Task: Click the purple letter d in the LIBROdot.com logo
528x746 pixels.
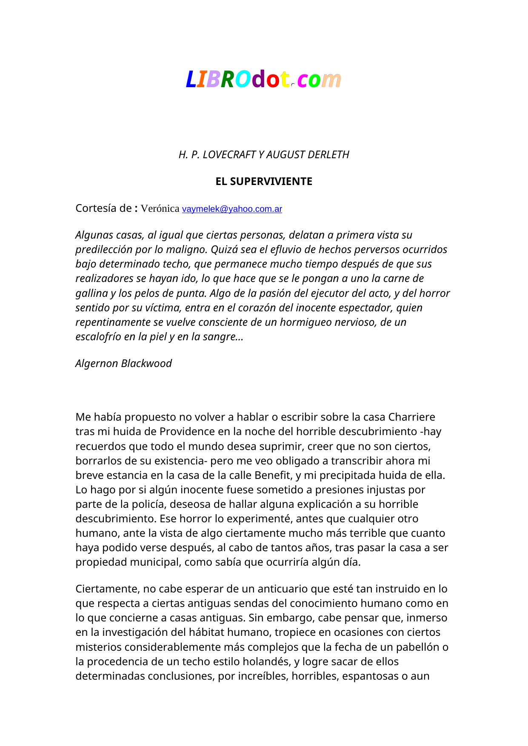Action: [259, 80]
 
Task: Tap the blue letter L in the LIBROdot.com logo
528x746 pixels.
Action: [191, 80]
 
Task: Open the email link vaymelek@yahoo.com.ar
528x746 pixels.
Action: [232, 209]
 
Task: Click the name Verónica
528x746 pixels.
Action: [160, 209]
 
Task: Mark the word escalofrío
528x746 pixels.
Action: [99, 337]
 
